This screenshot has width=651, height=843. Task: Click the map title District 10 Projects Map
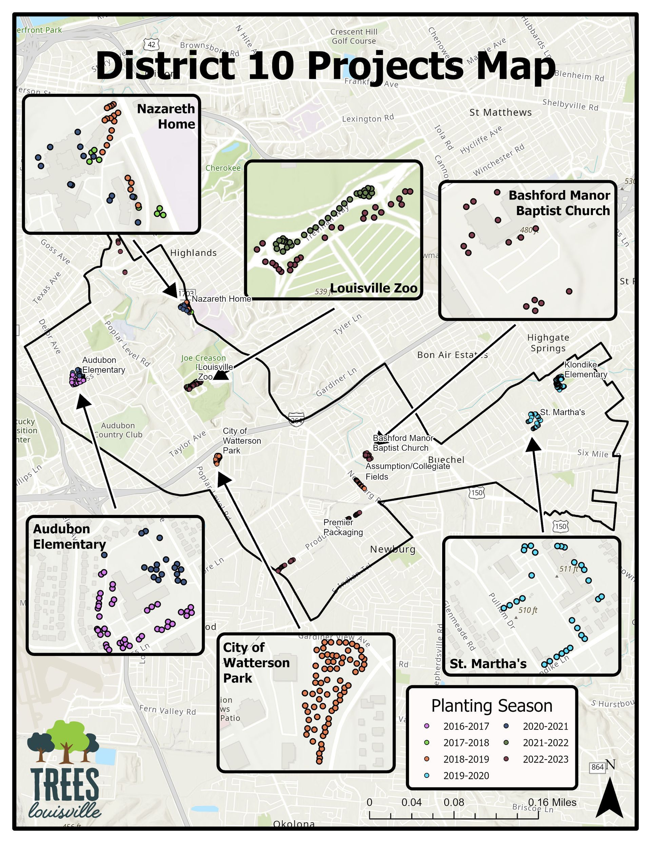click(325, 65)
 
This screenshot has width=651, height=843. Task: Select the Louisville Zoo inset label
click(374, 288)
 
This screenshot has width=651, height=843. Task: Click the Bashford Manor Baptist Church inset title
click(559, 203)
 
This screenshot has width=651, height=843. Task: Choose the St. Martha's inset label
click(488, 664)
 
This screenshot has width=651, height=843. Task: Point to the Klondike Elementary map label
click(586, 369)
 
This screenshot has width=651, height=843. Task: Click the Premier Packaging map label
click(343, 527)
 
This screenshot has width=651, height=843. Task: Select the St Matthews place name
click(500, 112)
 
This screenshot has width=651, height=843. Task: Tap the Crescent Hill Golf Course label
click(354, 36)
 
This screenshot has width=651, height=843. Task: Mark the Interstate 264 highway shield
click(296, 418)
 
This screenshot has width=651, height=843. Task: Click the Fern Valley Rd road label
click(167, 709)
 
